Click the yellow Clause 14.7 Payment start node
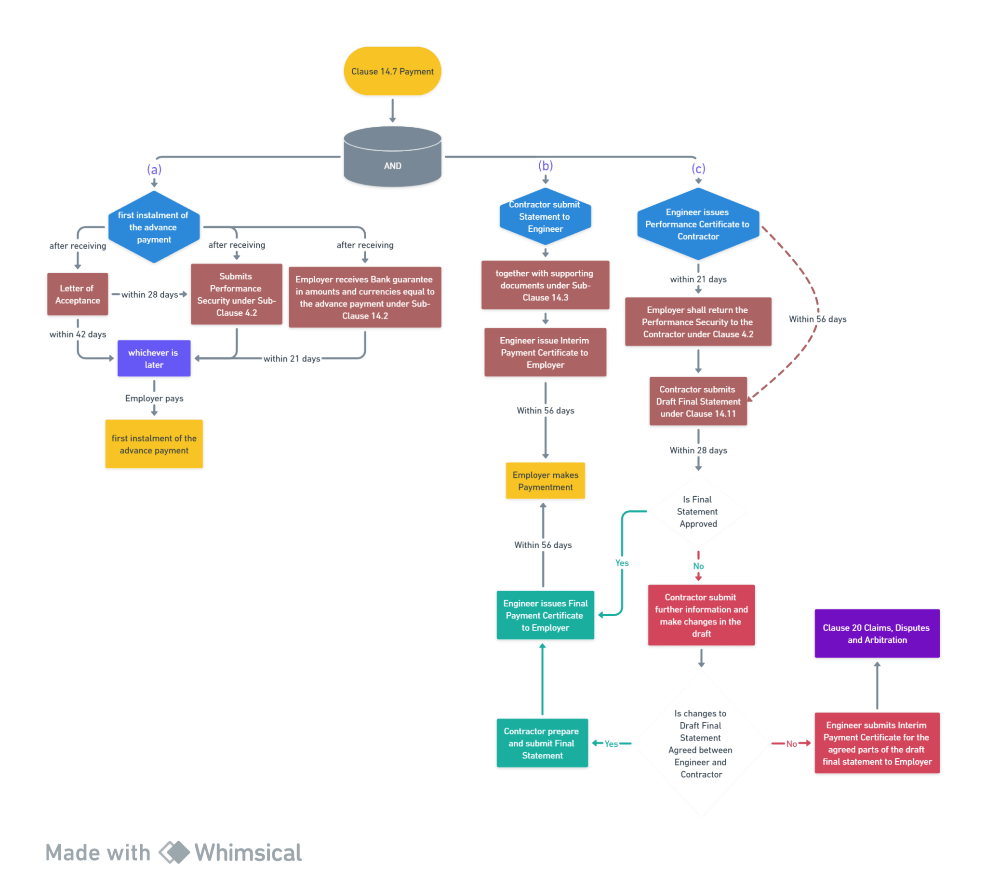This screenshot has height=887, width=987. [x=392, y=72]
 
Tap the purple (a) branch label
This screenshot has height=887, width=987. [x=154, y=169]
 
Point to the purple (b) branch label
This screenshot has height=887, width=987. [x=546, y=165]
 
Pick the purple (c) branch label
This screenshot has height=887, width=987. [x=698, y=168]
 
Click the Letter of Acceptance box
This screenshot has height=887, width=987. [x=78, y=294]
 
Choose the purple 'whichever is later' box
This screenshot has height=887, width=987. [x=154, y=358]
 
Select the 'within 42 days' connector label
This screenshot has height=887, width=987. [x=78, y=334]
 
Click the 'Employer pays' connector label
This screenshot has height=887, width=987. [x=154, y=398]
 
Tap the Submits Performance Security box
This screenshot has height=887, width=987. [x=237, y=294]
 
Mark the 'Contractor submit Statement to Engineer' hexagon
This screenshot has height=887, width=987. [x=545, y=217]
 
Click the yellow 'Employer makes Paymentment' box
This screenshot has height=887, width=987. [x=545, y=481]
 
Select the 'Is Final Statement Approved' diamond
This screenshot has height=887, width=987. [x=698, y=512]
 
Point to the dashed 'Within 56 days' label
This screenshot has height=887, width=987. [x=817, y=319]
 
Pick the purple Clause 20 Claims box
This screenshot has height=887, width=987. [x=877, y=634]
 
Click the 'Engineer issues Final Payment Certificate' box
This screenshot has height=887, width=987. [x=545, y=616]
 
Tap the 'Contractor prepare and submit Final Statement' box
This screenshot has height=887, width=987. [x=542, y=743]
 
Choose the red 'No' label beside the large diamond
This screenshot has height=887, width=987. [x=791, y=744]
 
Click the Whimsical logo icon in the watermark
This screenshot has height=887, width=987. [x=173, y=852]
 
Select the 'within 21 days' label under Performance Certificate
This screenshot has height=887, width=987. [x=698, y=279]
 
